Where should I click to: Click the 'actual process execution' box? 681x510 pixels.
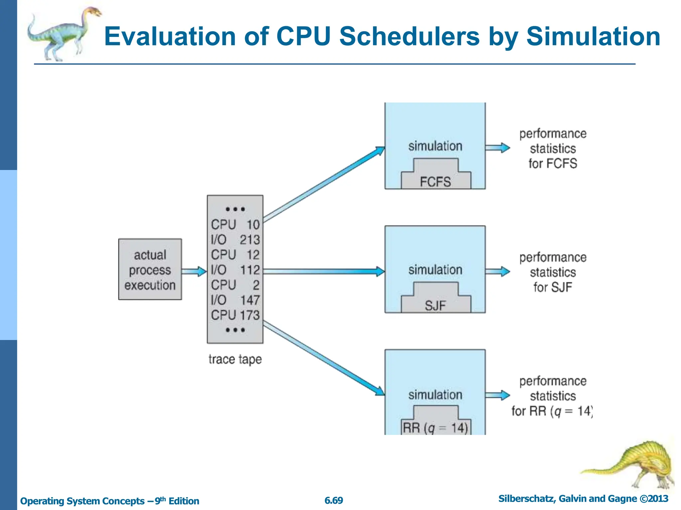click(150, 269)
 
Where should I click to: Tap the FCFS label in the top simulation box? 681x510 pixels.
click(435, 182)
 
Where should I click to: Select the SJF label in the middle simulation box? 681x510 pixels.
click(435, 305)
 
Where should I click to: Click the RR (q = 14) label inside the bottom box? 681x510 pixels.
click(435, 428)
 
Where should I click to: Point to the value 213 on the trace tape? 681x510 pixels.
click(250, 240)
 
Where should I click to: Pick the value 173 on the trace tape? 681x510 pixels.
click(250, 315)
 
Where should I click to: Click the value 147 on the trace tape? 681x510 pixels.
click(250, 300)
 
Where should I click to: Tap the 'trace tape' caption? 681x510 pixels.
click(235, 359)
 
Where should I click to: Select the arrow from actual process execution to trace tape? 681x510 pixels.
click(194, 271)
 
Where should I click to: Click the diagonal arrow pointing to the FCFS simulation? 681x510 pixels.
click(324, 185)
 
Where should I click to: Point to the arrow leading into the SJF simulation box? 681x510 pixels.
click(324, 271)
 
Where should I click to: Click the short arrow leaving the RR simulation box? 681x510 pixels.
click(497, 395)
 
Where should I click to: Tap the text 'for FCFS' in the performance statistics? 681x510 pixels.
click(553, 163)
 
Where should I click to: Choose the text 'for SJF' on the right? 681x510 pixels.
click(553, 287)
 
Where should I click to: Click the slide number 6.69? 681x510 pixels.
click(334, 500)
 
